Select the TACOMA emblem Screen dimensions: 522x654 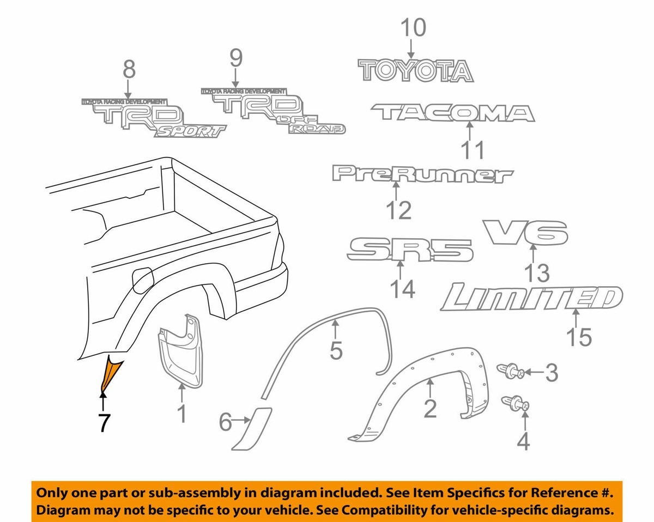(x=452, y=113)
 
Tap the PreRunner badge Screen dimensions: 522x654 (x=422, y=174)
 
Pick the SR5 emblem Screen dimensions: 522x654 (x=410, y=250)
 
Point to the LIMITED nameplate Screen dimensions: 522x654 (x=531, y=299)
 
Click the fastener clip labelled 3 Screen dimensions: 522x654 (x=511, y=373)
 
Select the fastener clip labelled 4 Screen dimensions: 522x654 (x=515, y=404)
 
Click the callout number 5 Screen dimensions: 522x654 (x=336, y=351)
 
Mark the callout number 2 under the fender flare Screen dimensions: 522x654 (x=430, y=408)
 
